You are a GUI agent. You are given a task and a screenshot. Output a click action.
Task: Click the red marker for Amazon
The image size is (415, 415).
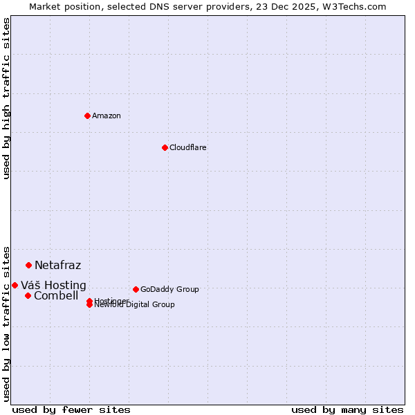pyautogui.click(x=87, y=116)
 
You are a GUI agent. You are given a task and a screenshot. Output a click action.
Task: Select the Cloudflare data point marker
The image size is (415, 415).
pyautogui.click(x=165, y=147)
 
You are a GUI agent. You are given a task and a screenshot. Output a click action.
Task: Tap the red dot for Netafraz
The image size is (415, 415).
pyautogui.click(x=28, y=265)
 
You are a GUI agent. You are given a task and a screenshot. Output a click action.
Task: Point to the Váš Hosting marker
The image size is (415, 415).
pyautogui.click(x=15, y=285)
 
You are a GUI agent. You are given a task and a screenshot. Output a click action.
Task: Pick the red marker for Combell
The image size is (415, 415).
pyautogui.click(x=28, y=295)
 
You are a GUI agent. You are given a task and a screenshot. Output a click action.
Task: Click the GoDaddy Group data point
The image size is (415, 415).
pyautogui.click(x=136, y=289)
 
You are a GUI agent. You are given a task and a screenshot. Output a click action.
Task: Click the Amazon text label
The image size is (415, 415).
pyautogui.click(x=107, y=116)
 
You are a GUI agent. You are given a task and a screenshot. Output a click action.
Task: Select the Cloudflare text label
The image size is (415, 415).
pyautogui.click(x=188, y=147)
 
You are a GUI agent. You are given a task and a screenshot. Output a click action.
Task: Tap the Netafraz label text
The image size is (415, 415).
pyautogui.click(x=57, y=265)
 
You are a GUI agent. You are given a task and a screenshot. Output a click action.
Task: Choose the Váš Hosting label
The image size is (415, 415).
pyautogui.click(x=53, y=285)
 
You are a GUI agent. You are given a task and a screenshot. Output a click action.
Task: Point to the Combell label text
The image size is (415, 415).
pyautogui.click(x=56, y=295)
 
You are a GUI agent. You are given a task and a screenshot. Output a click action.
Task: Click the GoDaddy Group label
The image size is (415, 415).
pyautogui.click(x=169, y=289)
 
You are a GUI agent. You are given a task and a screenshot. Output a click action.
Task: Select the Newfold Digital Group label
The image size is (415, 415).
pyautogui.click(x=135, y=305)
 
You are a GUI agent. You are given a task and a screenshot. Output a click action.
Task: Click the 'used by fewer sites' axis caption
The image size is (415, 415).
pyautogui.click(x=71, y=409)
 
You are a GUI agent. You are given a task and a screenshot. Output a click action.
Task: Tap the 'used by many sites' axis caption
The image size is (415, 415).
pyautogui.click(x=347, y=409)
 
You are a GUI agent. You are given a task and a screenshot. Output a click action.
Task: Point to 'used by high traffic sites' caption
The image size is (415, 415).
pyautogui.click(x=6, y=98)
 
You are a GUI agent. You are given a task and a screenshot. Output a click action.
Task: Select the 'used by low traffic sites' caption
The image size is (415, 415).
pyautogui.click(x=6, y=323)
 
